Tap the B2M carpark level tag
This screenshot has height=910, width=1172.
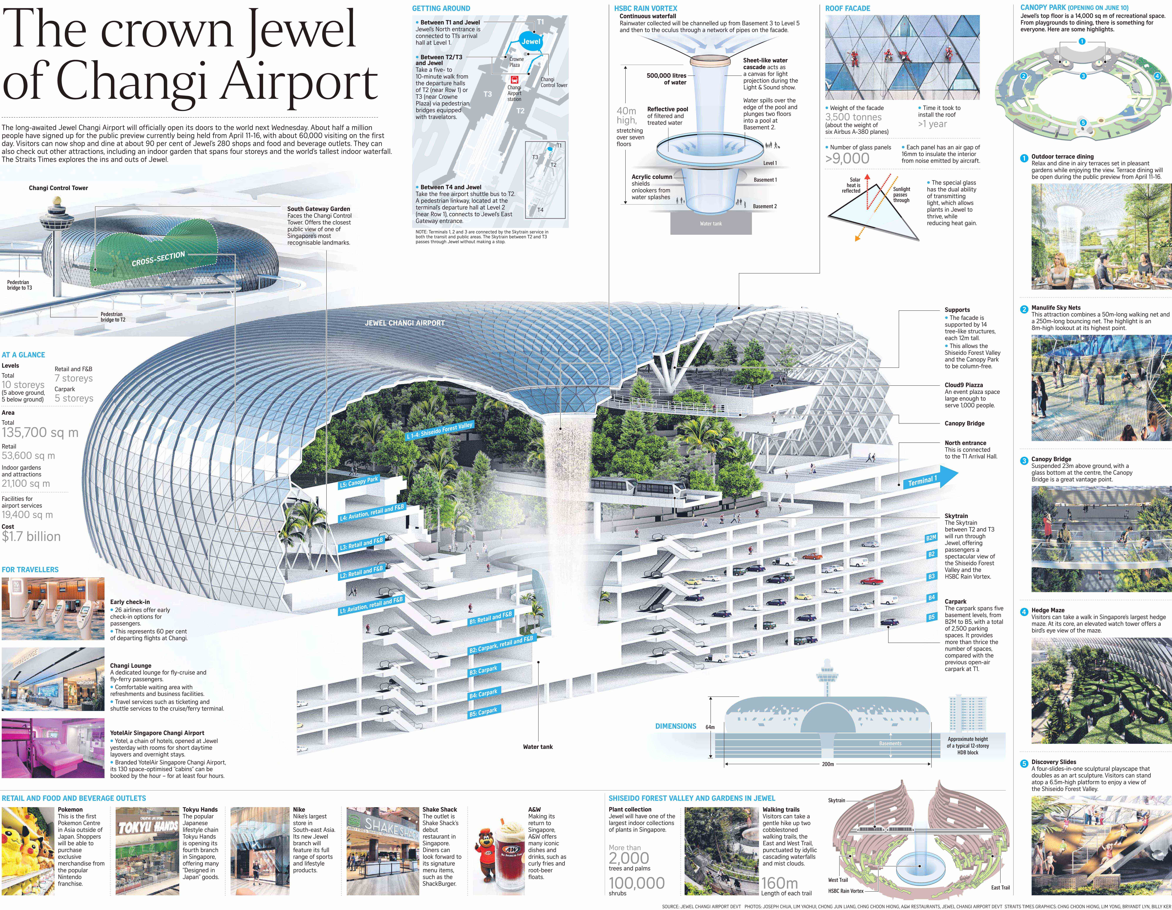click(x=931, y=537)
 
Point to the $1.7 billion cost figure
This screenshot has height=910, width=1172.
click(x=31, y=537)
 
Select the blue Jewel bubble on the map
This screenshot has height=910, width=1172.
click(x=531, y=42)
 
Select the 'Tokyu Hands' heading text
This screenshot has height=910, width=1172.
click(x=200, y=809)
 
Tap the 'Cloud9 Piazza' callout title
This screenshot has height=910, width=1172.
click(x=964, y=385)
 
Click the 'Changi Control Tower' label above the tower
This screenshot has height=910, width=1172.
click(x=59, y=188)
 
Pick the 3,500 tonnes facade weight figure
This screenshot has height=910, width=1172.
click(x=853, y=117)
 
